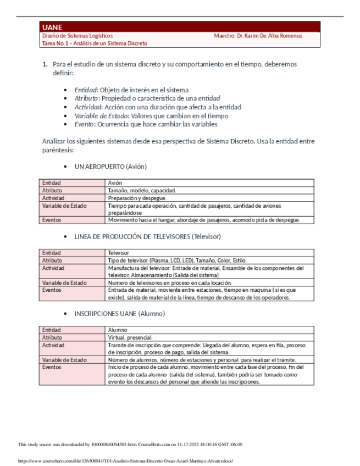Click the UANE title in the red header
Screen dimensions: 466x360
point(52,27)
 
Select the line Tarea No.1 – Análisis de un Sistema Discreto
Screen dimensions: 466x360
point(95,43)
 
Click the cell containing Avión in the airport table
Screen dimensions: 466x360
point(115,182)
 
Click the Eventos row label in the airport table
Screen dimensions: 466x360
point(52,220)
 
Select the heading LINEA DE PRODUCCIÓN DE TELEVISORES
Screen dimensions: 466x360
point(147,236)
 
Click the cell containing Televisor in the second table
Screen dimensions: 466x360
point(119,253)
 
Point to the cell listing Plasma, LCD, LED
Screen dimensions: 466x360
point(177,260)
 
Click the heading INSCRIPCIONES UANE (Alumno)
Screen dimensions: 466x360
point(119,313)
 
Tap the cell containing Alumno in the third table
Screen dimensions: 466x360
point(118,330)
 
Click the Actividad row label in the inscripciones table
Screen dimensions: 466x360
point(53,345)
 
